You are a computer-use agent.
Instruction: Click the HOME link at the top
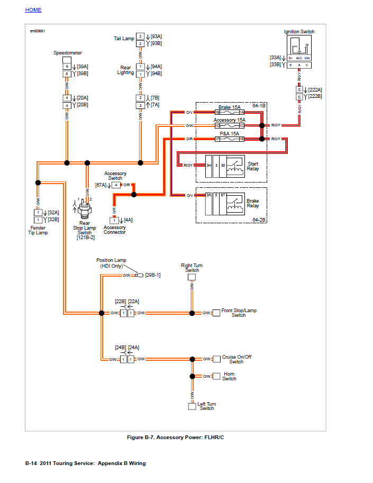[33, 10]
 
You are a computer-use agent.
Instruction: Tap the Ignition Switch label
[299, 32]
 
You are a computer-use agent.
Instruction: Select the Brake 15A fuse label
[229, 107]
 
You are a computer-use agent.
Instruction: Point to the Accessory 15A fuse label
[229, 120]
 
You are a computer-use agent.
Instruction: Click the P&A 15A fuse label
[229, 133]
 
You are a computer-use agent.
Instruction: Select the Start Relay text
[253, 166]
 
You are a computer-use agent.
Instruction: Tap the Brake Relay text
[253, 203]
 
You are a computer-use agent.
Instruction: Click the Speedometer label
[67, 53]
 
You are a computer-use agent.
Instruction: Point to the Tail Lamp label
[124, 39]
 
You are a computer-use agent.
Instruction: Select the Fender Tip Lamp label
[38, 230]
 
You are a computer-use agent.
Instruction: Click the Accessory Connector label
[115, 230]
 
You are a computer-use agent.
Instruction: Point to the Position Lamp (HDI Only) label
[111, 263]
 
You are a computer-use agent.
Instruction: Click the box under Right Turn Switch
[192, 277]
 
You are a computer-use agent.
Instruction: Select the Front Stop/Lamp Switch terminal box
[216, 313]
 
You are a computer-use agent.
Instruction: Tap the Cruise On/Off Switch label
[236, 359]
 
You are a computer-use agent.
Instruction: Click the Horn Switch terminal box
[216, 376]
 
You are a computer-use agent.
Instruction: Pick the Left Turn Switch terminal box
[192, 406]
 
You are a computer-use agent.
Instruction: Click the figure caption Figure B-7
[176, 438]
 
